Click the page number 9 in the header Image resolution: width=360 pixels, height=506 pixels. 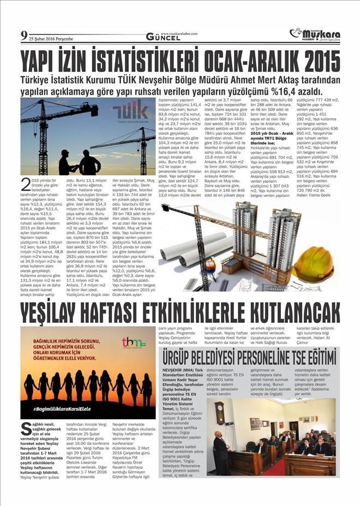click(x=24, y=37)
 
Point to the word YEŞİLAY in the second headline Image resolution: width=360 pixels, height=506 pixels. click(x=54, y=313)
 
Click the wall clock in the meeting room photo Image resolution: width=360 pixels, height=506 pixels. click(x=220, y=413)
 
